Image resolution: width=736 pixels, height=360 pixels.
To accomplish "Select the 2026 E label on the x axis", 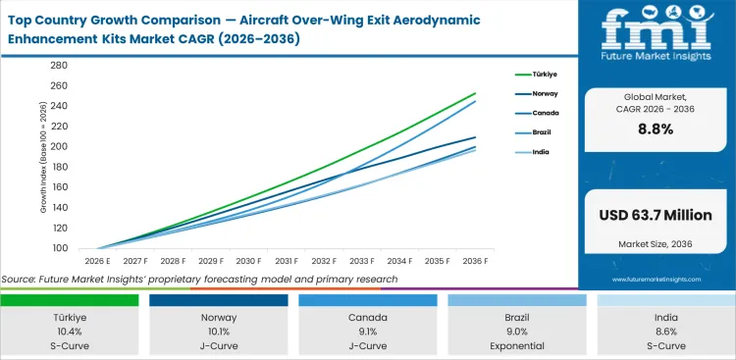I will [96, 262].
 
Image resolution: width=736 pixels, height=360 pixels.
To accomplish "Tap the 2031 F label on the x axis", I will [287, 262].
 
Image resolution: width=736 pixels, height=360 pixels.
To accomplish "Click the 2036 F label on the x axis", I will [476, 262].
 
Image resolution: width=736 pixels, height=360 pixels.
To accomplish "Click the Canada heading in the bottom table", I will [368, 318].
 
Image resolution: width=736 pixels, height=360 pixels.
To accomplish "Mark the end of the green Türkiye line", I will [476, 93].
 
